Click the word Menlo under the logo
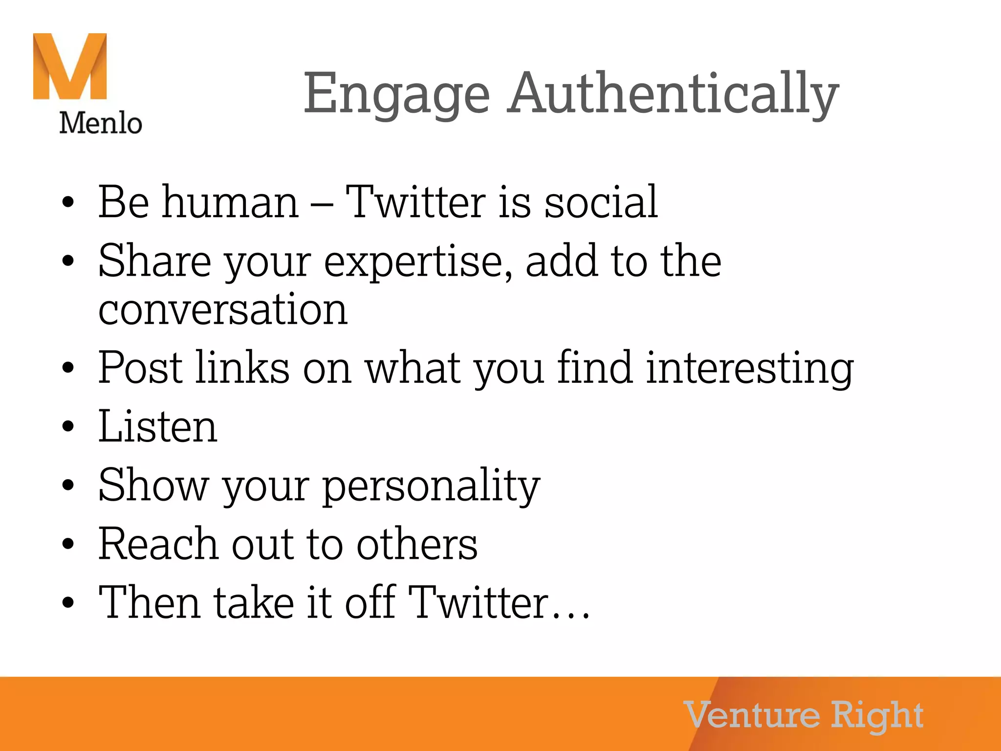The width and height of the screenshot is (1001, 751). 101,123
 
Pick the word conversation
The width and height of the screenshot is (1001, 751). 223,309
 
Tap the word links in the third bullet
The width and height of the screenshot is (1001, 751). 242,368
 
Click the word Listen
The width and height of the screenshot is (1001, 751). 157,427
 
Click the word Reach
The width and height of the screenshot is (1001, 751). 158,544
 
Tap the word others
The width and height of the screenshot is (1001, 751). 417,544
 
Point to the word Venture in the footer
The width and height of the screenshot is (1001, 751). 752,715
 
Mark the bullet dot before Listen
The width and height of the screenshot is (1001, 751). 68,426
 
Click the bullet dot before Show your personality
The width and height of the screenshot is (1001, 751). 68,485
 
